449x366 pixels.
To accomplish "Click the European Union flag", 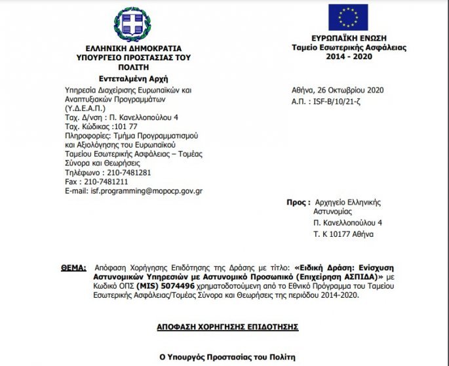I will (x=348, y=17).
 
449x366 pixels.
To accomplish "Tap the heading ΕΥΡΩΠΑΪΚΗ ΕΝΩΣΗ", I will (x=349, y=39).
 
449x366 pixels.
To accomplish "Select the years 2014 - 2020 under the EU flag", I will (x=349, y=57).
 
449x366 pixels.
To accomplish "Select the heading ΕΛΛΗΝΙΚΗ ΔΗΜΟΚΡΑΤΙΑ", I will (x=133, y=49).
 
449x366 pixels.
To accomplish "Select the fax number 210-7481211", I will (x=105, y=181).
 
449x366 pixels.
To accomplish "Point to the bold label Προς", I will (x=297, y=202).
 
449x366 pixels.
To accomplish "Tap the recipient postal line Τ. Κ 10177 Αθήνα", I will (x=343, y=234).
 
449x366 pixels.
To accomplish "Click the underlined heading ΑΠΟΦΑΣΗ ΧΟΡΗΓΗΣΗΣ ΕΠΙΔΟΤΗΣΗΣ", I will (x=228, y=326).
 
